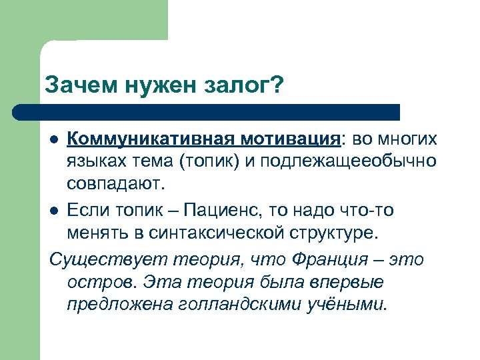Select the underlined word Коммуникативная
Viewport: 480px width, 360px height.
coord(143,139)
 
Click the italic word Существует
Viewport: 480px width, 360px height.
coord(97,259)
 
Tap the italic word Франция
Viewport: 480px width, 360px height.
coord(335,259)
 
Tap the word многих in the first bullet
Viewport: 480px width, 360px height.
coord(408,139)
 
